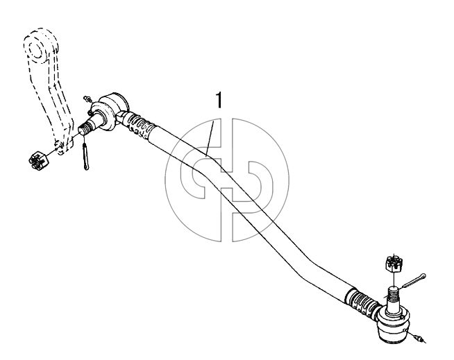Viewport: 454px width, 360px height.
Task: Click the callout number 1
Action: [219, 100]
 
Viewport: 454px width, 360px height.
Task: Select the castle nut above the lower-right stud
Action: [394, 264]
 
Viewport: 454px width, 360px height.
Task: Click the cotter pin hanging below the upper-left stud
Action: [85, 156]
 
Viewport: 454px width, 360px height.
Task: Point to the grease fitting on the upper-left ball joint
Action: [87, 99]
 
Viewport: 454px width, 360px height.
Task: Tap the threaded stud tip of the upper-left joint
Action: [85, 129]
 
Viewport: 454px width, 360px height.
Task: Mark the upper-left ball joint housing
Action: [112, 112]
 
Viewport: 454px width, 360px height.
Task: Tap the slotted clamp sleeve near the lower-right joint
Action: [362, 302]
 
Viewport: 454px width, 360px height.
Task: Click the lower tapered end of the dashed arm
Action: [62, 146]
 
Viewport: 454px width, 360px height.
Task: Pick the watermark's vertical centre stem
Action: [227, 180]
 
